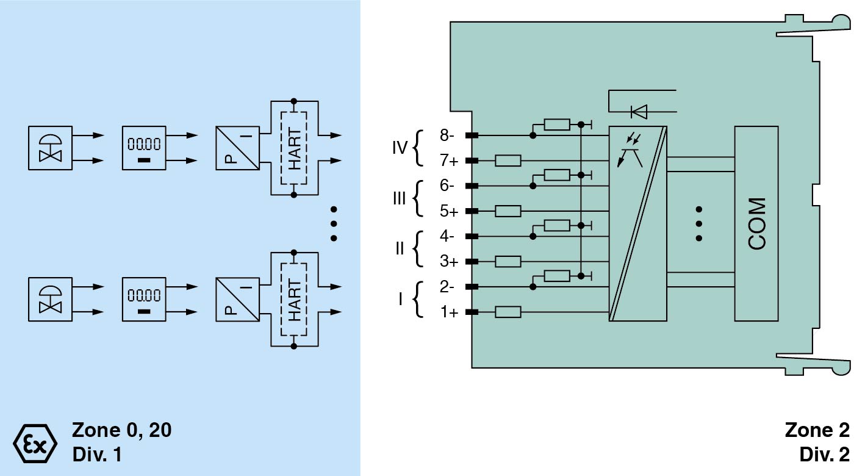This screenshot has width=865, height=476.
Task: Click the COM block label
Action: [x=756, y=223]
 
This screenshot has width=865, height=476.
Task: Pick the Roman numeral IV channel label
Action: [x=400, y=148]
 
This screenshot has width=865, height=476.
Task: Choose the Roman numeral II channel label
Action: [x=400, y=249]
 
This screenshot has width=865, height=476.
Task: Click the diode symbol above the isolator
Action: [x=639, y=111]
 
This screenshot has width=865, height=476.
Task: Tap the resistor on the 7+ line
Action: [x=508, y=160]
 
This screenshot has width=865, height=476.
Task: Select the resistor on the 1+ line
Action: [x=508, y=312]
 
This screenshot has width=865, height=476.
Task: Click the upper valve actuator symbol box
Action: [x=50, y=148]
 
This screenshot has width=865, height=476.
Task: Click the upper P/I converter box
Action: [x=237, y=148]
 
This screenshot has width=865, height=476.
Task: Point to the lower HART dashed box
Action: [x=294, y=299]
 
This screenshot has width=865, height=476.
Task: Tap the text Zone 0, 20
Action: [x=122, y=430]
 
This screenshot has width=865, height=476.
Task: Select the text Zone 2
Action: [x=817, y=430]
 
